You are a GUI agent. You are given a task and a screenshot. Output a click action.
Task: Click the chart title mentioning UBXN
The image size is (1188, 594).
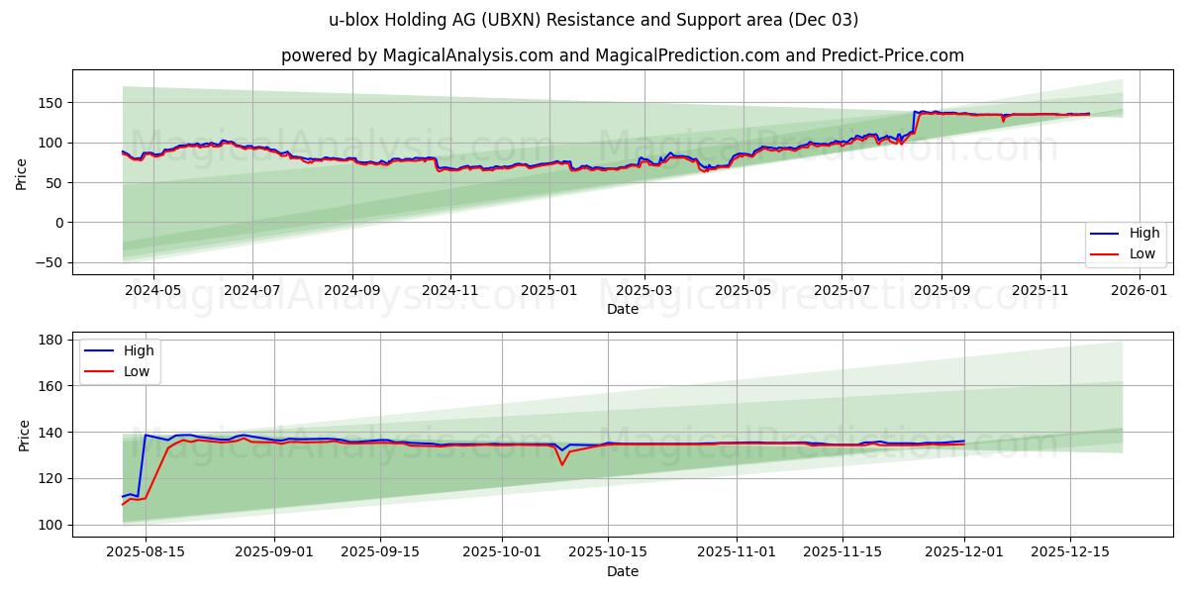point(593,20)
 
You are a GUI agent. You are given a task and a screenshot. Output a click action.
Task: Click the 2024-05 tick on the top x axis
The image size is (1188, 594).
point(153,291)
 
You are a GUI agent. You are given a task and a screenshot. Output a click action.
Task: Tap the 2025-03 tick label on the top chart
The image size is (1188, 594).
point(644,291)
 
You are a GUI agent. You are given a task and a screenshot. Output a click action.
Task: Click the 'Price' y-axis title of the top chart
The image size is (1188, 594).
point(23,173)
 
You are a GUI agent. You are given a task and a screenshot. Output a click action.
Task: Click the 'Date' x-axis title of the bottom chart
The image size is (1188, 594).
point(622,571)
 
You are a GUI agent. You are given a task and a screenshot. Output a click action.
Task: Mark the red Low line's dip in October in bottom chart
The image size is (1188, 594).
point(562,464)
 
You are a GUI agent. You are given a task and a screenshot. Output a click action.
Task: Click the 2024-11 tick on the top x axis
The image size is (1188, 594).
point(450,291)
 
